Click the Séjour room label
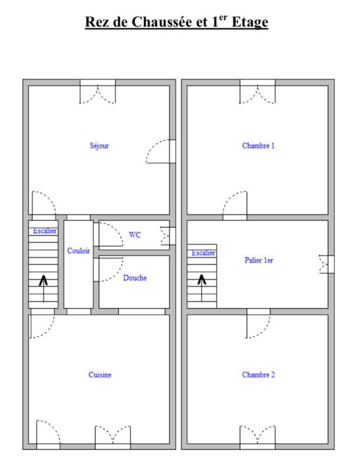tap(99, 145)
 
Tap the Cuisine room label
tap(100, 374)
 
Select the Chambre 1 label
tap(258, 145)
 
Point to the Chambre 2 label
tap(258, 374)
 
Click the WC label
tap(135, 235)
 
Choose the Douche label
tap(134, 278)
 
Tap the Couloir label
tap(78, 251)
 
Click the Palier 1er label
tap(259, 260)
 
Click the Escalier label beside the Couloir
tap(44, 231)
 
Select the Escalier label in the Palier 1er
tap(203, 253)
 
